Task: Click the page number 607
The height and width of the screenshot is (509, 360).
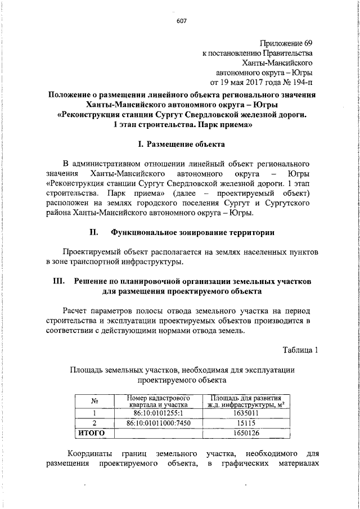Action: coord(181,21)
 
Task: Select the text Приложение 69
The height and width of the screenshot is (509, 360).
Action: coord(286,43)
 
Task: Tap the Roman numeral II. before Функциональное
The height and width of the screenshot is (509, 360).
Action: coord(94,231)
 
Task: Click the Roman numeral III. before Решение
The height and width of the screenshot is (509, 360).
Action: coord(60,281)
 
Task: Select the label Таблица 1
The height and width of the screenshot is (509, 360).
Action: coord(301,350)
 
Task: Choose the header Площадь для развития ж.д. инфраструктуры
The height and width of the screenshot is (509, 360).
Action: coord(243,402)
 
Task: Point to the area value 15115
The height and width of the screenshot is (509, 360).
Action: coord(243,422)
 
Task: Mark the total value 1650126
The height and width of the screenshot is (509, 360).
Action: coord(243,433)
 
